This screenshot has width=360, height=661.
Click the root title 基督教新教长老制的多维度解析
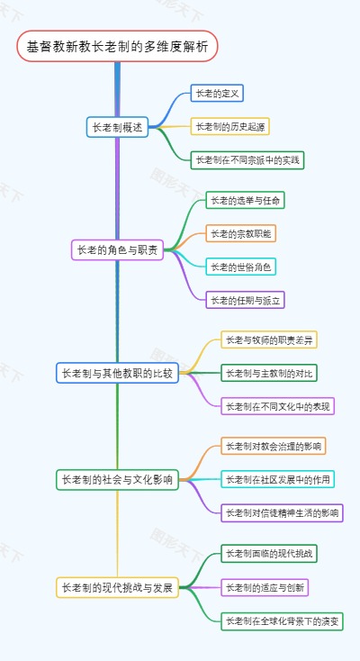click(117, 47)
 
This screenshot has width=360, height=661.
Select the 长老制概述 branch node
click(117, 127)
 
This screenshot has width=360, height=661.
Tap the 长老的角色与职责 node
click(117, 250)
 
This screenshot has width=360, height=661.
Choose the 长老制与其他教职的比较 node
click(117, 372)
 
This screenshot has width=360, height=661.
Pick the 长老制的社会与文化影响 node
click(117, 479)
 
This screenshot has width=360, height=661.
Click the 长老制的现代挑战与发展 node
click(117, 588)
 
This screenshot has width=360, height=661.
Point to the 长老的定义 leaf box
click(217, 93)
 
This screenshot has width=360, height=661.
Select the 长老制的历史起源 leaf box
click(229, 126)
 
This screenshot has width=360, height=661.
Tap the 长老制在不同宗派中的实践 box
click(248, 159)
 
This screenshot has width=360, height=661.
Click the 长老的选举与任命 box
click(245, 200)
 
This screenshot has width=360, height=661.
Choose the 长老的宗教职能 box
click(240, 233)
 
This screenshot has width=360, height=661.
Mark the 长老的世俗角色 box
click(240, 267)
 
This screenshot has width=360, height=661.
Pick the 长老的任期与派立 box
click(245, 300)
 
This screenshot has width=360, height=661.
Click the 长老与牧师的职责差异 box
click(270, 340)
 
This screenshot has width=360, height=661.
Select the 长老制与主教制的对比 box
click(270, 373)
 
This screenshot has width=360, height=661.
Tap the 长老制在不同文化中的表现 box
click(278, 406)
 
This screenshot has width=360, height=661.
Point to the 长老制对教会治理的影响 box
click(274, 446)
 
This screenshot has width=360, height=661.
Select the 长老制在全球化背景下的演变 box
click(282, 620)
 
